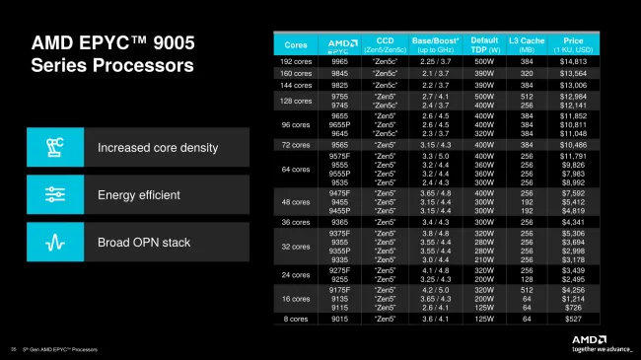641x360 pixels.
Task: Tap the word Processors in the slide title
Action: coord(141,67)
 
